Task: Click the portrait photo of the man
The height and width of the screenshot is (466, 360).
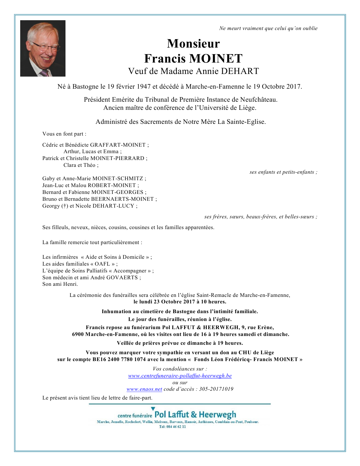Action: [x=43, y=48]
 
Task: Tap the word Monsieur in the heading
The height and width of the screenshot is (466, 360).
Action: [x=193, y=44]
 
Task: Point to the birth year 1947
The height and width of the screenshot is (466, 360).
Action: [x=143, y=87]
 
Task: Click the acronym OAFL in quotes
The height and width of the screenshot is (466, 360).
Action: [x=102, y=264]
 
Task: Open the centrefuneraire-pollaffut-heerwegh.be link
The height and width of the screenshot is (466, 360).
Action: [x=180, y=376]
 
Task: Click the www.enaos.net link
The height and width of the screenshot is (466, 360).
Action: [x=144, y=389]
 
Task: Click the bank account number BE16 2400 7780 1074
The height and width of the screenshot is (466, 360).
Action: [x=119, y=359]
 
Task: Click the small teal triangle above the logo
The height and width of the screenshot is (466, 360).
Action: [x=153, y=409]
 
